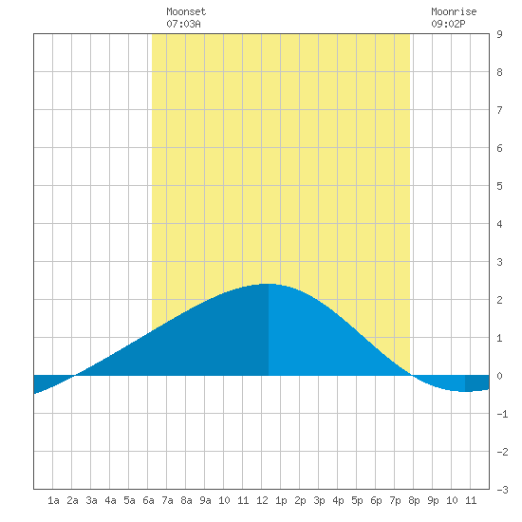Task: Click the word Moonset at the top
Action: [x=186, y=11]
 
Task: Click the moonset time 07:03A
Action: [x=183, y=24]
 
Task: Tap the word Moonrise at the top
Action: [x=454, y=11]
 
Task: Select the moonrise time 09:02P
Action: [x=448, y=24]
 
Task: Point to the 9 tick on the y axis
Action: [x=499, y=34]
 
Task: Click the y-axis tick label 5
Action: [x=499, y=186]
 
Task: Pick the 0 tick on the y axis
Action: [x=499, y=376]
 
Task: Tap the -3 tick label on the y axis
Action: [x=502, y=490]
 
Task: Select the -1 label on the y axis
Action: [x=502, y=414]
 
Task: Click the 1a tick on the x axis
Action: [x=53, y=500]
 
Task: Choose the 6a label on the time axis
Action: [x=148, y=500]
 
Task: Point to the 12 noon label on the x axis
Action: [x=262, y=500]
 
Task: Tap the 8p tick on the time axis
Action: [x=414, y=500]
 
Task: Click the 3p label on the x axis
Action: [x=319, y=500]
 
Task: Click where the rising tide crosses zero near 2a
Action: [x=75, y=376]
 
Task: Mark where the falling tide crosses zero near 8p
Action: [x=413, y=376]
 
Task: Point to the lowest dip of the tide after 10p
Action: [x=465, y=391]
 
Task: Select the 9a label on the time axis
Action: [x=205, y=500]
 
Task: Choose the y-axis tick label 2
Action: [x=499, y=300]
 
